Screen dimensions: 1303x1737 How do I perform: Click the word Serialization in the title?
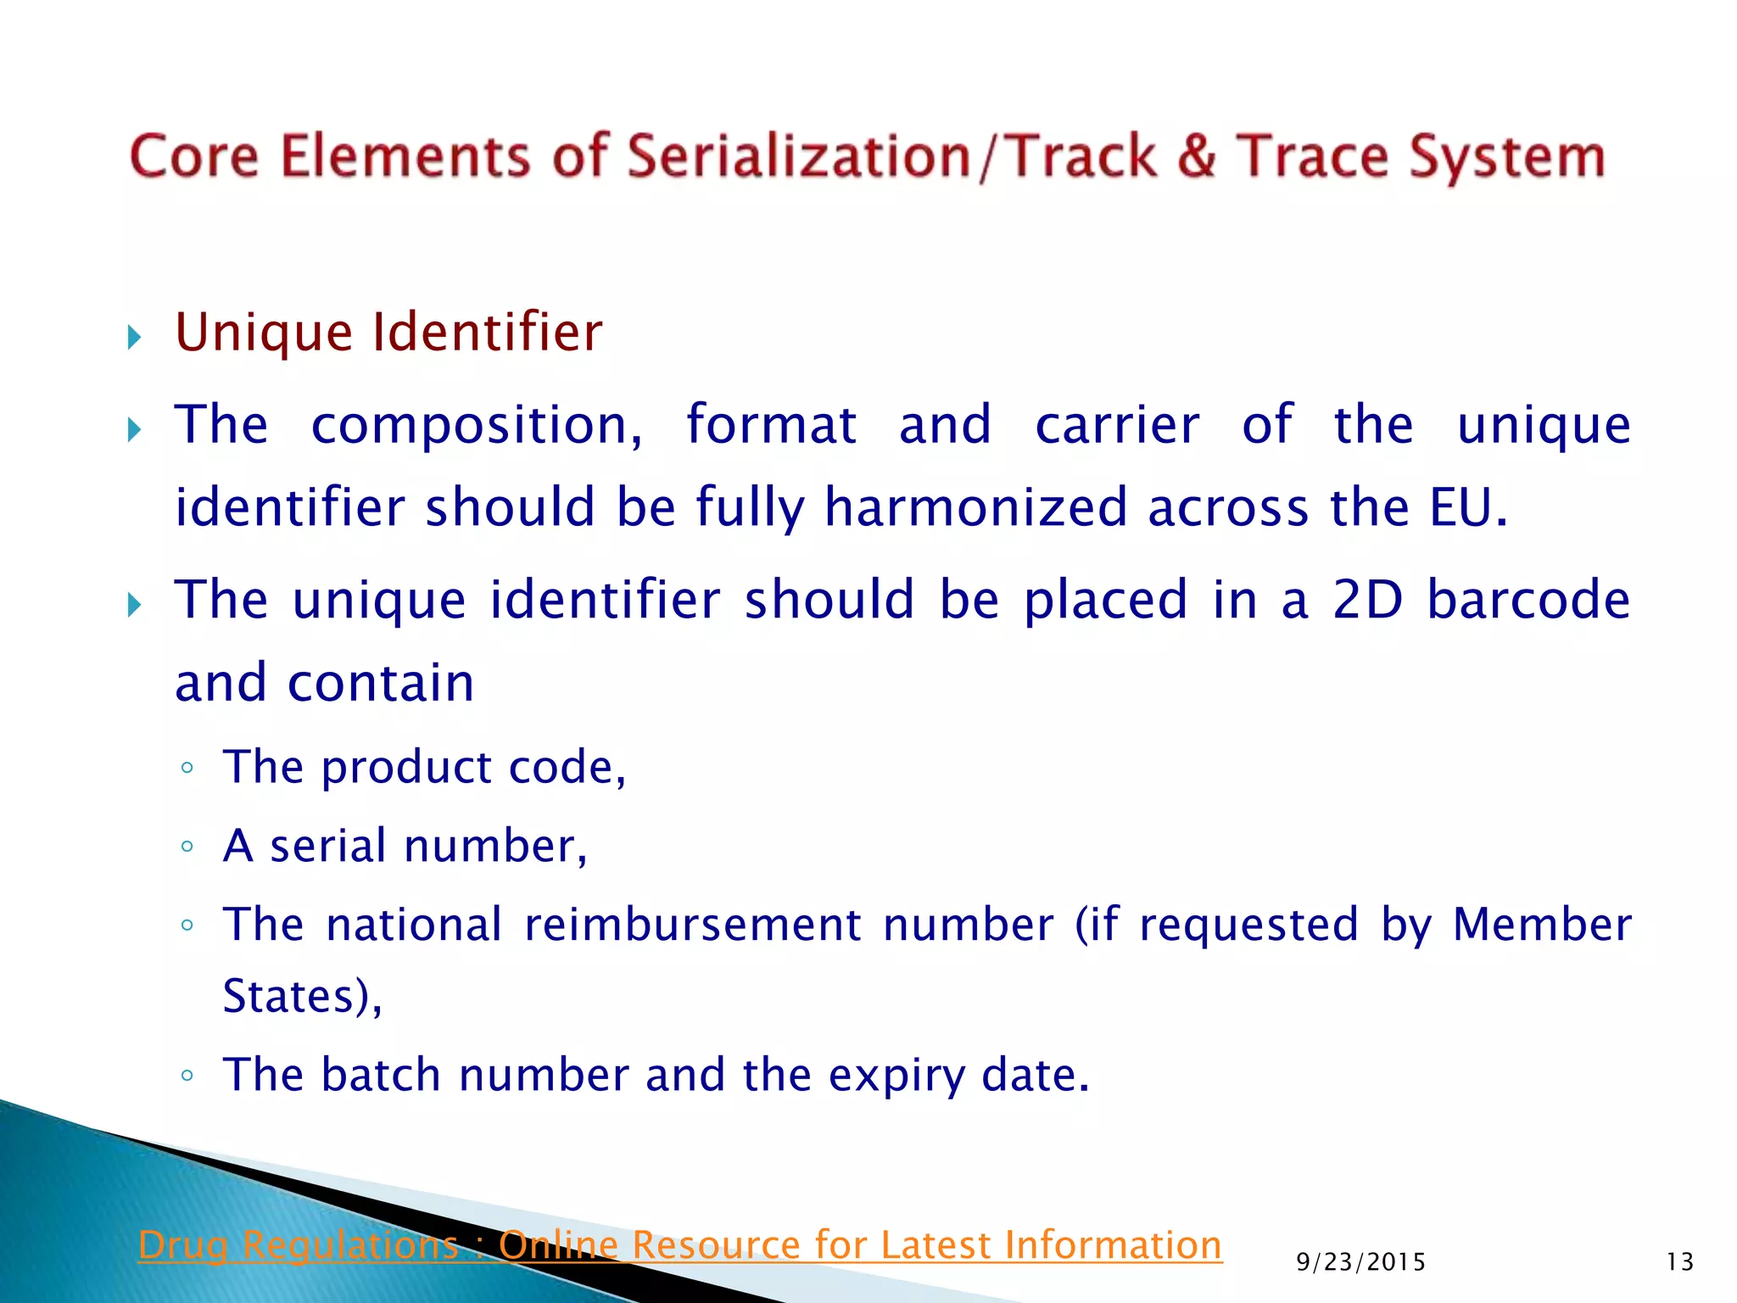[797, 157]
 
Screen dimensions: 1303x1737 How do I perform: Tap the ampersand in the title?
[1197, 157]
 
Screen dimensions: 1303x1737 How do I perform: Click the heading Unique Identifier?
[388, 333]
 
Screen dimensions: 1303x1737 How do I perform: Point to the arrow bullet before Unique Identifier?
[134, 338]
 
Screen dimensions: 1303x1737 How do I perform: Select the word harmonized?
[975, 508]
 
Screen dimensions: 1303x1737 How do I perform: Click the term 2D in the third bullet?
[1367, 600]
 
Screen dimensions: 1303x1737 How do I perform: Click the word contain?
[381, 683]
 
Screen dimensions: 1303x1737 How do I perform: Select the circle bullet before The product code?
[187, 769]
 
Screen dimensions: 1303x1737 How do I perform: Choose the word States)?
[302, 997]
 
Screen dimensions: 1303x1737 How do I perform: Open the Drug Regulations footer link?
[679, 1245]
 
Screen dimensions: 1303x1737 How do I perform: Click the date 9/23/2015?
[1360, 1262]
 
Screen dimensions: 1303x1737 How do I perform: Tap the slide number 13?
[1679, 1262]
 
